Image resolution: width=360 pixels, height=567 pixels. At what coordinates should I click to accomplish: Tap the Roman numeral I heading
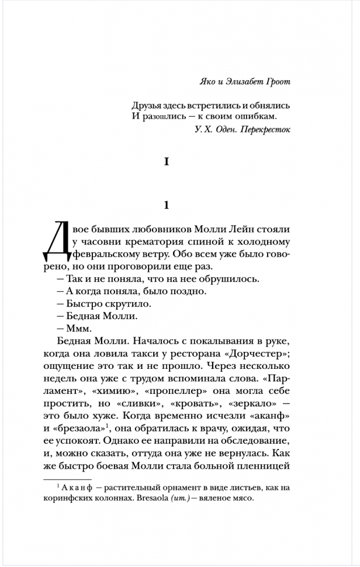pyautogui.click(x=167, y=163)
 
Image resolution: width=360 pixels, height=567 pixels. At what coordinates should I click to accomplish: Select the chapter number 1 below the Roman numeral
pyautogui.click(x=167, y=205)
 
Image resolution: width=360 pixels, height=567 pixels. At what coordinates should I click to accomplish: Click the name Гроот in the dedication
pyautogui.click(x=276, y=82)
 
